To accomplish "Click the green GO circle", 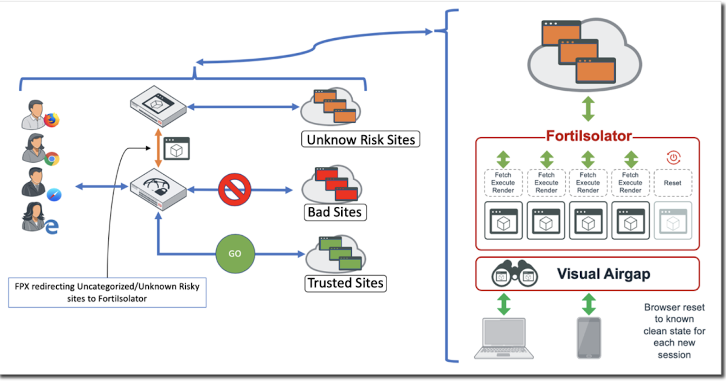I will click(235, 253).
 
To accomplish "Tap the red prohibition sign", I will click(234, 190).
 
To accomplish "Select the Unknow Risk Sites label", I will click(361, 140).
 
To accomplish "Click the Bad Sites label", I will click(334, 212).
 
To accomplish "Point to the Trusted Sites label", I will click(345, 282).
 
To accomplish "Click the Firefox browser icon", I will click(53, 120).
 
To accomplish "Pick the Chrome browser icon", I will click(52, 159).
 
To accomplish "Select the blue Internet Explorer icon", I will click(52, 227).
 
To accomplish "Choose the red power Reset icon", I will click(673, 158).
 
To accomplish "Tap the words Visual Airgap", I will click(603, 274).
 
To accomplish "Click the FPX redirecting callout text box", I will click(106, 292).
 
